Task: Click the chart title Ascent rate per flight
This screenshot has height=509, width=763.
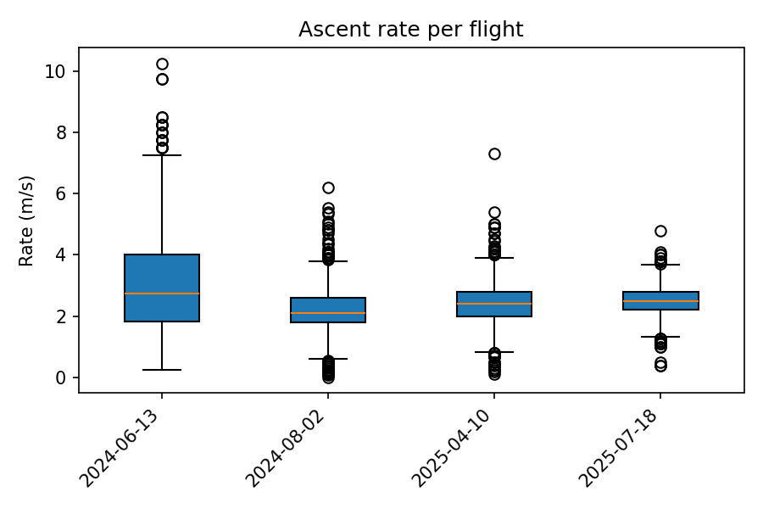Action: point(410,30)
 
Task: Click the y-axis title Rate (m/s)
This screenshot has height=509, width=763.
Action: point(27,221)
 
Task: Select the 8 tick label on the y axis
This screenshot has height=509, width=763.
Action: point(61,132)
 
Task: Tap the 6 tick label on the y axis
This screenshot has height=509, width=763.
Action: point(61,193)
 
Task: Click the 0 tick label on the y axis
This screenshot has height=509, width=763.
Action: point(61,378)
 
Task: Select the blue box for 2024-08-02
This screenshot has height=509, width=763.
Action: point(328,310)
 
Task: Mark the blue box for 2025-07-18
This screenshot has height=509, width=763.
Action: point(660,300)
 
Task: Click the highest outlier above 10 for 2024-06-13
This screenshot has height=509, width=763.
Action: point(162,64)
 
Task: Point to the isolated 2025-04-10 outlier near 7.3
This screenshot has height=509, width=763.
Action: point(494,154)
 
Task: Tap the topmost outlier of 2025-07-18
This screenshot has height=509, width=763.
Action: point(660,231)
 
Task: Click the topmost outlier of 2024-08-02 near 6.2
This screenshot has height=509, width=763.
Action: point(328,187)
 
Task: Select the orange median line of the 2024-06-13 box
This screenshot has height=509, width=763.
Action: point(162,294)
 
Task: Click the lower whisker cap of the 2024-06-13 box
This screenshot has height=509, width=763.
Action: point(162,370)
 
